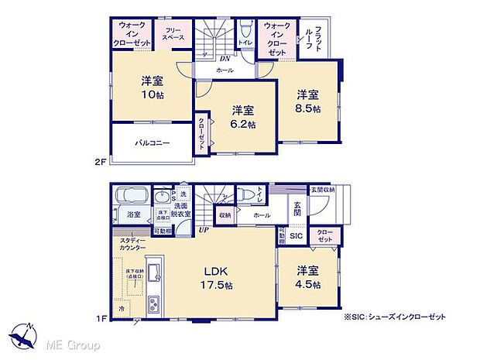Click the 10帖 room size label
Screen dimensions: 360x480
point(151,95)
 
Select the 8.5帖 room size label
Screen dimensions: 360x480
point(307,109)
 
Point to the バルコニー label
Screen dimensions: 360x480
point(152,143)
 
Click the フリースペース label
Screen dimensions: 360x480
point(173,34)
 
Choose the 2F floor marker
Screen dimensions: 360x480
point(101,161)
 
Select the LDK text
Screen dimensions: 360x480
point(215,272)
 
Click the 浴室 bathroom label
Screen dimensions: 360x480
point(134,214)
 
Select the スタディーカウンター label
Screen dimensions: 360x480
point(132,245)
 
